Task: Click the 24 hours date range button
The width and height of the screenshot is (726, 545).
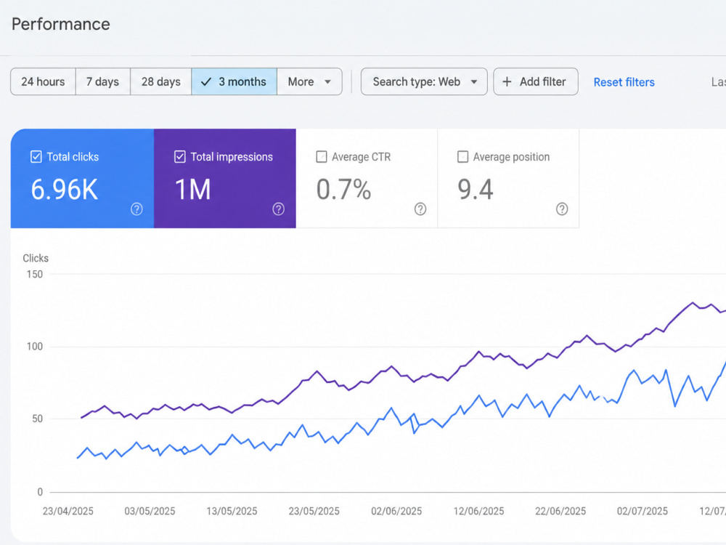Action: click(43, 81)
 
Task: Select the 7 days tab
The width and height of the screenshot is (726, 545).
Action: click(103, 81)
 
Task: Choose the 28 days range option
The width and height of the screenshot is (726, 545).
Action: click(161, 81)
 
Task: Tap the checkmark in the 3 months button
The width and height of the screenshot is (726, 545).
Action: click(206, 82)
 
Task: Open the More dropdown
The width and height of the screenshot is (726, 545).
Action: click(309, 81)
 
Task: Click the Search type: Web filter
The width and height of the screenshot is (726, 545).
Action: click(424, 81)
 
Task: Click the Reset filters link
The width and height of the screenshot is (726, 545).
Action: click(624, 82)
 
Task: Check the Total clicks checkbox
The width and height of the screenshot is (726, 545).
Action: click(36, 157)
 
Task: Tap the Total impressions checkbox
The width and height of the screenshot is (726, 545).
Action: click(179, 157)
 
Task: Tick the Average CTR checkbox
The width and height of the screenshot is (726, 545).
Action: click(322, 157)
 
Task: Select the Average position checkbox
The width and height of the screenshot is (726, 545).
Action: click(462, 157)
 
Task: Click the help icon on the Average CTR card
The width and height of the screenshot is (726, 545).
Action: click(420, 209)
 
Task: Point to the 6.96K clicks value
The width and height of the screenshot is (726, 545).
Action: click(65, 190)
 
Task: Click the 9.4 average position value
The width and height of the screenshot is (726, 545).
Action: click(476, 190)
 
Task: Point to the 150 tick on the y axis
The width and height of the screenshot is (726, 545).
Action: click(35, 274)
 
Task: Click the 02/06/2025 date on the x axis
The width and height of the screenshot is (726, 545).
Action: click(396, 511)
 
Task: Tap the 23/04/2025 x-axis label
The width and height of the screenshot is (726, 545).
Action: click(68, 511)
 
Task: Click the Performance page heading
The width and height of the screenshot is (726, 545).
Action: click(61, 24)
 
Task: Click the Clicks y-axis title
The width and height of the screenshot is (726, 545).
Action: click(36, 258)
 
